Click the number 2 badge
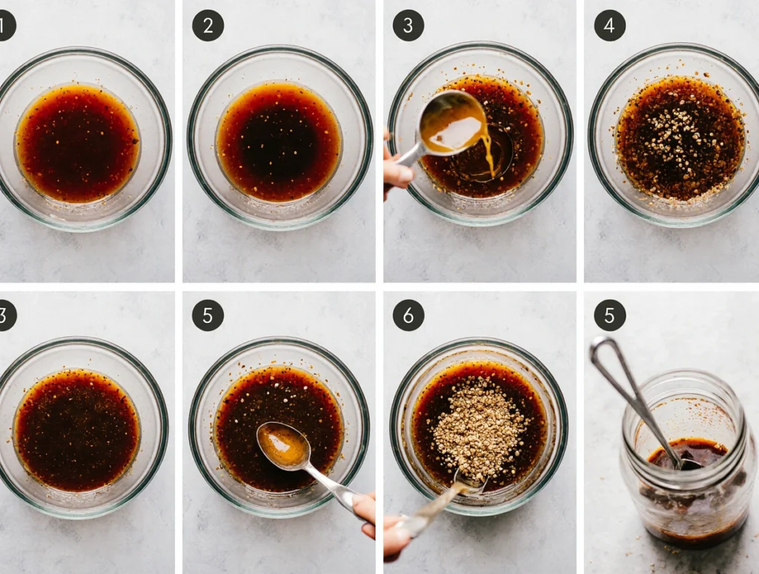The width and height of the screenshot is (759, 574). [x=208, y=25]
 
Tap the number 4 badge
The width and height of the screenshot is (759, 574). [x=609, y=25]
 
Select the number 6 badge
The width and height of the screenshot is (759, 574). [x=408, y=316]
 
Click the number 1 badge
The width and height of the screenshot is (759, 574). [x=5, y=25]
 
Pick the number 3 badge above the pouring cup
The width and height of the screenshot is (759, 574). [x=408, y=25]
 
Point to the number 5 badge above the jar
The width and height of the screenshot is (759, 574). [x=609, y=316]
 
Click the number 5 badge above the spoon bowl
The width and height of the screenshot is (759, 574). [x=208, y=316]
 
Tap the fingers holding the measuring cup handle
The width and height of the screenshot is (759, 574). [x=397, y=167]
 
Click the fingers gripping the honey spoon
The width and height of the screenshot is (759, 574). [x=365, y=513]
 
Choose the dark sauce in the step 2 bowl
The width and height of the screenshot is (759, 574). [x=279, y=141]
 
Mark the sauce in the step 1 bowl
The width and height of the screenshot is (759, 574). [x=78, y=143]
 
